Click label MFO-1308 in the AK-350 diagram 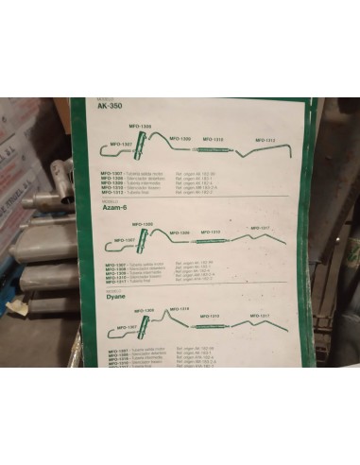(140, 128)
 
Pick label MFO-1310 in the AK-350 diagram (214, 139)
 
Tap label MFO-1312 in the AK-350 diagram (264, 140)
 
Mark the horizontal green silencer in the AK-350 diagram (209, 148)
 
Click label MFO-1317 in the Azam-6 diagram (260, 228)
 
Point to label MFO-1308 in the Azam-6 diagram (143, 225)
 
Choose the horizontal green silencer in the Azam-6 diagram (210, 241)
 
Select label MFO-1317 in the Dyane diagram (260, 316)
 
